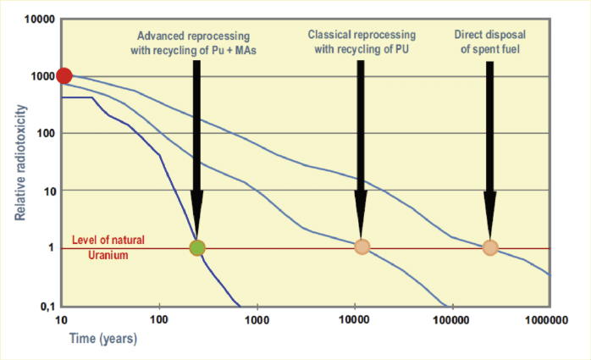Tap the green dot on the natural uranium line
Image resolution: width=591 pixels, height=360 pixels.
(x=197, y=247)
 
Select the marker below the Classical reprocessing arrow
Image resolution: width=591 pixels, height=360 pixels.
(x=362, y=247)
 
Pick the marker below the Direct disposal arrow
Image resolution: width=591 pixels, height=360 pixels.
(x=490, y=247)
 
